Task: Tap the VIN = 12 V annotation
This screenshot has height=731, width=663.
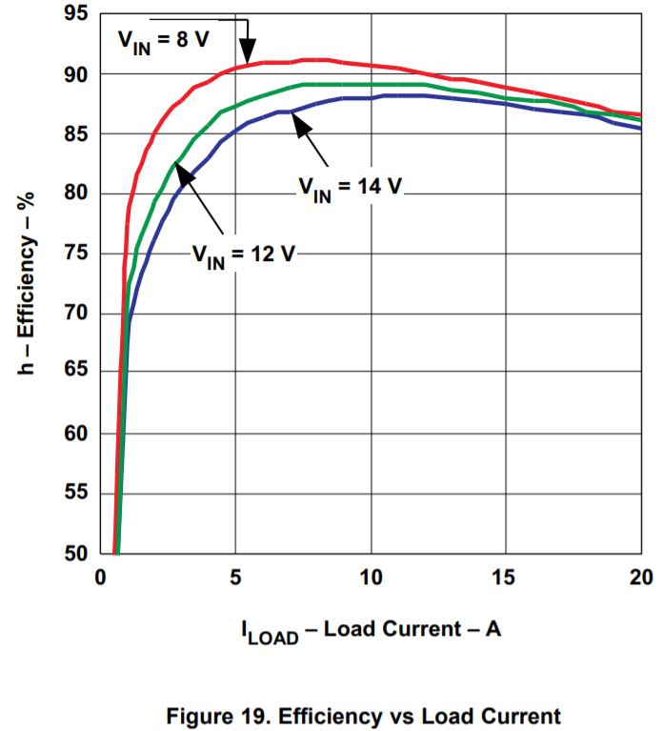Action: (x=242, y=254)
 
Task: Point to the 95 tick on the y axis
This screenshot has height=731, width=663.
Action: (x=75, y=14)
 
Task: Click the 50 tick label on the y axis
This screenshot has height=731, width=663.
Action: (x=75, y=554)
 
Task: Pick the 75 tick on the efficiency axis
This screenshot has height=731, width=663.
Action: (x=75, y=254)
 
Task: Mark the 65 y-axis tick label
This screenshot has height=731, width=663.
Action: (x=75, y=374)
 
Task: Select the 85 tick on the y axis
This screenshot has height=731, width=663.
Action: (x=75, y=134)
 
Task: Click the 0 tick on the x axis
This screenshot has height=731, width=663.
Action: (x=99, y=578)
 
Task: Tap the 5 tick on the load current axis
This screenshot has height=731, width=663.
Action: (x=234, y=578)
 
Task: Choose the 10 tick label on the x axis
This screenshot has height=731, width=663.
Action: (x=370, y=578)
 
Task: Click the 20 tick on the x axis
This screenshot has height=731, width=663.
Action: (x=640, y=578)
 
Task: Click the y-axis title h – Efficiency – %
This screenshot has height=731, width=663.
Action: (x=28, y=284)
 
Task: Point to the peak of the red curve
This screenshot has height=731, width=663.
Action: (x=315, y=59)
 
